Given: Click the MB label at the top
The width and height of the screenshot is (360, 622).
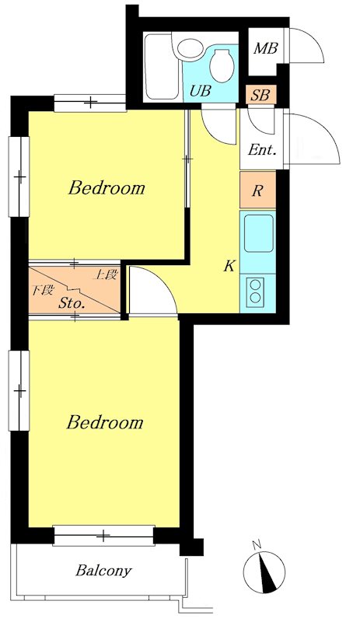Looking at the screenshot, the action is (x=266, y=48).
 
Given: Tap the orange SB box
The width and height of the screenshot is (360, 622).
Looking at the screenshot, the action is (x=260, y=95).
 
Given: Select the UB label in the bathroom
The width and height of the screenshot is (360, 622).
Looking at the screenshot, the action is (x=200, y=91).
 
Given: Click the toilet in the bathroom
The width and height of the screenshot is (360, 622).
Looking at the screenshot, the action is (x=222, y=66).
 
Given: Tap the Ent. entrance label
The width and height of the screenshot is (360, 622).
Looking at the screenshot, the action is (x=262, y=150).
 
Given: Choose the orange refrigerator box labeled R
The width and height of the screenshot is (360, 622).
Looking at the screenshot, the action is (x=257, y=190).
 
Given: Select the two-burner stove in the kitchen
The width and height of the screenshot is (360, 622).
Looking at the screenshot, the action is (x=255, y=292).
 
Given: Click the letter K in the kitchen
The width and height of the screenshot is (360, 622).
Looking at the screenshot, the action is (x=229, y=266).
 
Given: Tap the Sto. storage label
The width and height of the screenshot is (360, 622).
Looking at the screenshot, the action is (x=72, y=303).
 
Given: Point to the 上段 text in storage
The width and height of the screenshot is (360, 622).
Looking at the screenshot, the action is (x=105, y=274).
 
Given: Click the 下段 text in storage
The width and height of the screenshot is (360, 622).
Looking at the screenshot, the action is (x=42, y=290).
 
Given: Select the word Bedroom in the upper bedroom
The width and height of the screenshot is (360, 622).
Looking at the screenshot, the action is (x=107, y=187).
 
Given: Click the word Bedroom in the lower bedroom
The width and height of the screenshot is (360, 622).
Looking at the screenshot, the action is (x=105, y=422).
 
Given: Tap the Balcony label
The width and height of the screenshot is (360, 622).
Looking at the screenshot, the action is (x=103, y=571).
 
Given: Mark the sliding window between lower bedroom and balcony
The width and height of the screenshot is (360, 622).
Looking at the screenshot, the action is (x=103, y=536).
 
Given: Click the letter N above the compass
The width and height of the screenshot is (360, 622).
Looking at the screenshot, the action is (x=257, y=545).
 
